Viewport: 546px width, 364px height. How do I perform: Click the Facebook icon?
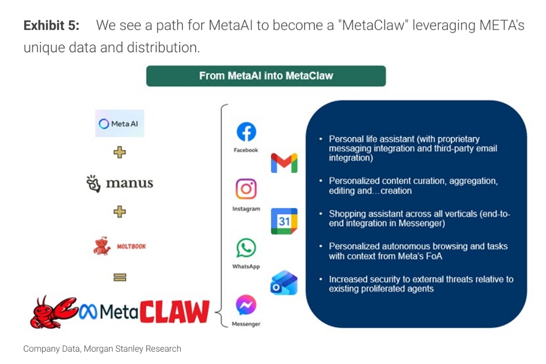tap(246, 132)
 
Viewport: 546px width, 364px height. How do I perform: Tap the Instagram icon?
tap(246, 189)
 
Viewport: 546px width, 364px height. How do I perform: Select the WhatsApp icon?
tap(246, 248)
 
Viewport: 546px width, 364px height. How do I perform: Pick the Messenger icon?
tap(246, 305)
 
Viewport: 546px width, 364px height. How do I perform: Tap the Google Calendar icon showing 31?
tap(284, 221)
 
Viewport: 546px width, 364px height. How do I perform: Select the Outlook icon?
tap(284, 282)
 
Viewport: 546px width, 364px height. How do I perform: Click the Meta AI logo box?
tap(119, 123)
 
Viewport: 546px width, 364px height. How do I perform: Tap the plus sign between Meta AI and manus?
tap(119, 153)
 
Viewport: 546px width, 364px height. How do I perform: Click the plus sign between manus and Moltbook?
tap(119, 212)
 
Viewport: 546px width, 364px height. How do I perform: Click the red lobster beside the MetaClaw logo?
tap(52, 312)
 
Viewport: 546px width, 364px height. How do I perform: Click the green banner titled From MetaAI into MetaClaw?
tap(266, 76)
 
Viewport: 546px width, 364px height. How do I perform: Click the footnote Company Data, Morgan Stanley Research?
tap(102, 349)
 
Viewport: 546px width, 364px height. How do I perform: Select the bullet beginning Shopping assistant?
tap(419, 219)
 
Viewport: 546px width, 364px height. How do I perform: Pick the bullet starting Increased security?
tap(421, 284)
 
